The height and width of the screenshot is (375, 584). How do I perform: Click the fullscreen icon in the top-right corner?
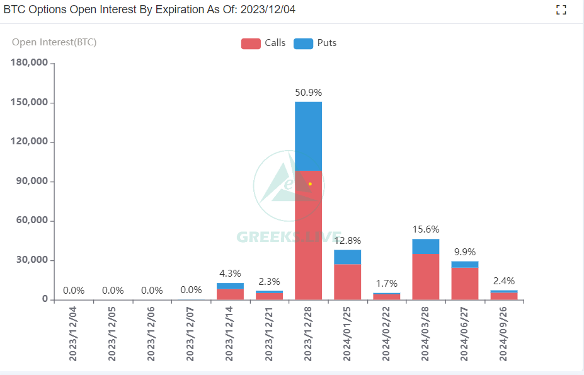(x=561, y=9)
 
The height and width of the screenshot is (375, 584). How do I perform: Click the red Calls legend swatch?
(x=251, y=43)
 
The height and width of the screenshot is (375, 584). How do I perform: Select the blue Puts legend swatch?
(x=303, y=43)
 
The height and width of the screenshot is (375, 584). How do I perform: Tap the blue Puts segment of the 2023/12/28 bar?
(x=308, y=136)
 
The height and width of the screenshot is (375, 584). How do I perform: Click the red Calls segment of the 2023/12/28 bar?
(x=308, y=239)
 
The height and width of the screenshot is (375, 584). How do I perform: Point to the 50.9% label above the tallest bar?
(x=308, y=93)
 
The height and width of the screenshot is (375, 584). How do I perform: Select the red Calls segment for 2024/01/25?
(x=347, y=282)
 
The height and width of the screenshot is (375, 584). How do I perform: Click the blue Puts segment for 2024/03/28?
(x=426, y=246)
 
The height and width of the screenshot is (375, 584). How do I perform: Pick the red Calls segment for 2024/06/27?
(x=465, y=284)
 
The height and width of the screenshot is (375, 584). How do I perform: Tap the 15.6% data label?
(x=426, y=229)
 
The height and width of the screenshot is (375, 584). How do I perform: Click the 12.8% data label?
(x=347, y=240)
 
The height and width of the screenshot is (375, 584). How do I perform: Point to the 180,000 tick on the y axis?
(x=30, y=63)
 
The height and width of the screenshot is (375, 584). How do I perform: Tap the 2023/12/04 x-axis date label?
(x=73, y=334)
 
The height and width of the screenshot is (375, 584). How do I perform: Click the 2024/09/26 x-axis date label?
(x=504, y=334)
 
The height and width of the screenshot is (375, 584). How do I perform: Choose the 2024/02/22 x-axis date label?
(x=386, y=334)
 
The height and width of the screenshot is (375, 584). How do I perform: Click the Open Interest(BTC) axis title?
(x=54, y=42)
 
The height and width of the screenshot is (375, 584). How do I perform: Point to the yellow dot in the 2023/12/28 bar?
(x=310, y=184)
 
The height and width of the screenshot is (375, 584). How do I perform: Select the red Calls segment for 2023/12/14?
(x=229, y=294)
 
